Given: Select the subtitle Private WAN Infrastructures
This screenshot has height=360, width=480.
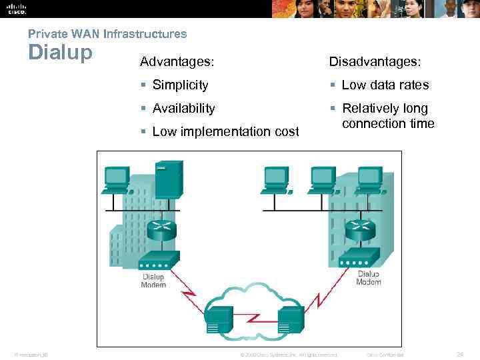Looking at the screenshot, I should point(107,33).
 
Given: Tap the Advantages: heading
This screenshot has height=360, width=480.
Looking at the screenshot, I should point(177,62).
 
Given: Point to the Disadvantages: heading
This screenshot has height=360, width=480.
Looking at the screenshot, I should point(375,62).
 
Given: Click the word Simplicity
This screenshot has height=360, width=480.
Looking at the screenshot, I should point(180,85).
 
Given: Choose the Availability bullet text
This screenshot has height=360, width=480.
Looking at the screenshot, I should point(183,109).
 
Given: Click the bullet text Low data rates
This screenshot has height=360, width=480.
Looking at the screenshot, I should point(385,85).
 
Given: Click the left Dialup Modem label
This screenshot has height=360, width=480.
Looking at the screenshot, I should point(153,281).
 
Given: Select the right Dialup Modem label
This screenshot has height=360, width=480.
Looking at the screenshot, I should point(369,278).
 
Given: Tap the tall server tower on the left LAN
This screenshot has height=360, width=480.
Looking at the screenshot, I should point(168,180).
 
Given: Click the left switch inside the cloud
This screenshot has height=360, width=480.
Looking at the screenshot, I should point(219,319).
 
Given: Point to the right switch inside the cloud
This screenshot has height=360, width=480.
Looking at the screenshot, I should point(291,319).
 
